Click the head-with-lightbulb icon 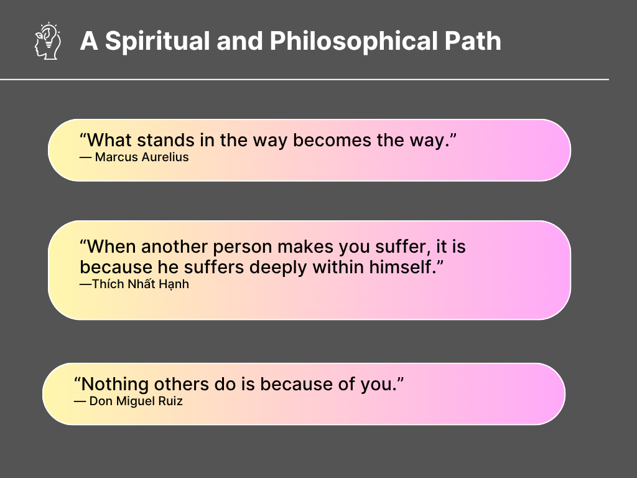click(x=48, y=41)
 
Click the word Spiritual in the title click(x=157, y=42)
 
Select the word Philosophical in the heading click(x=353, y=42)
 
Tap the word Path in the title click(x=473, y=40)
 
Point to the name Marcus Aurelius click(x=142, y=157)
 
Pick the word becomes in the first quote click(x=332, y=140)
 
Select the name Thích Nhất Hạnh click(x=141, y=284)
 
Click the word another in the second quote click(x=175, y=246)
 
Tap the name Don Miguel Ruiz click(x=136, y=401)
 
